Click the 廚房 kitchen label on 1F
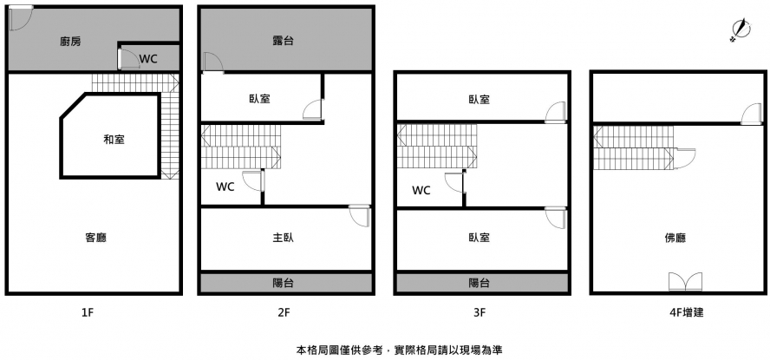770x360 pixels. (x=71, y=41)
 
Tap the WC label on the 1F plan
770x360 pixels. (x=148, y=59)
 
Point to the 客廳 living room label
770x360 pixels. (x=96, y=237)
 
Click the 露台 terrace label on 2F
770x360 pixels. (x=282, y=41)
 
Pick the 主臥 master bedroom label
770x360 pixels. (x=282, y=237)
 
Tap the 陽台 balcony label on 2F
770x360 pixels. (x=282, y=283)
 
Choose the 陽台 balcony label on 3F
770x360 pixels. (x=479, y=283)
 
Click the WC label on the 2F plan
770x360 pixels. (x=225, y=186)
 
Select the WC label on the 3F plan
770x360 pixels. (x=421, y=190)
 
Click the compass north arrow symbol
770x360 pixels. (x=739, y=30)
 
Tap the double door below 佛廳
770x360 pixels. (x=685, y=281)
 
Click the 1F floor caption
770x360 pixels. (x=86, y=312)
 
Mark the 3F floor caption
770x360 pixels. (x=479, y=312)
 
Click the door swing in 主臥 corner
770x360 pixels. (x=359, y=216)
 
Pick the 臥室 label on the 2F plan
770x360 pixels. (x=259, y=99)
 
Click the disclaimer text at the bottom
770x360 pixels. (x=399, y=350)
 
